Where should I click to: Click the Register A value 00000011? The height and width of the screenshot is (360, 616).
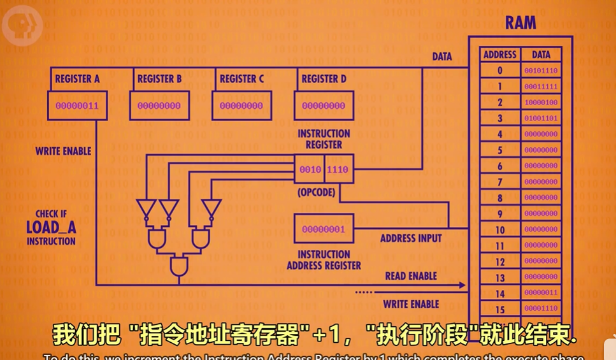click(77, 106)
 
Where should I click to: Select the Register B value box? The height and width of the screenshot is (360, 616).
click(159, 106)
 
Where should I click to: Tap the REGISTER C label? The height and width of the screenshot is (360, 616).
click(241, 79)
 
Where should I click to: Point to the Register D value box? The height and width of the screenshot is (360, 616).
click(324, 106)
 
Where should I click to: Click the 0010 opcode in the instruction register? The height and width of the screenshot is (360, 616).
click(310, 170)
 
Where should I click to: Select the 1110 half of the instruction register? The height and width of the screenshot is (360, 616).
click(338, 170)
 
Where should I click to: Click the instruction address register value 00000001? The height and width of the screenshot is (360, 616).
click(324, 229)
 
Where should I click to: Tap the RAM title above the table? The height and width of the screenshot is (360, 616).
click(520, 24)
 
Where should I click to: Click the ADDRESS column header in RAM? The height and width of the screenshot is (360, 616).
click(500, 55)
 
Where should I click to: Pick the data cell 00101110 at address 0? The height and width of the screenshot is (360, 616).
click(541, 71)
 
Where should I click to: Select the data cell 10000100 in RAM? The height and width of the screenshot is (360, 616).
click(541, 103)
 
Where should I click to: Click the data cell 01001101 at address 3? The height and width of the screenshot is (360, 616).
click(541, 119)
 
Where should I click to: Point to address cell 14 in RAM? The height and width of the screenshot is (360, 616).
click(500, 294)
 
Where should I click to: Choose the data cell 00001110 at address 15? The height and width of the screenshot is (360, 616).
click(541, 309)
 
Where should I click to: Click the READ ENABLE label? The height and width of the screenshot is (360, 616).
click(411, 277)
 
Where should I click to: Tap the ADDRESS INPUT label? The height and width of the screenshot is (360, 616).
click(411, 239)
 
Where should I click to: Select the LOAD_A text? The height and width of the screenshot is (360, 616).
click(51, 227)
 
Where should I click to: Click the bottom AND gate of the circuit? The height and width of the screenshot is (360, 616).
click(180, 267)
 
